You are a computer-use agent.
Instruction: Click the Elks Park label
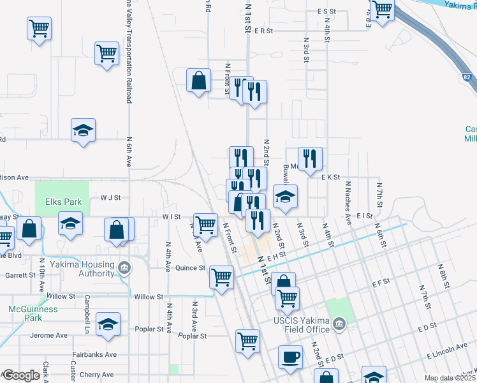point(64,202)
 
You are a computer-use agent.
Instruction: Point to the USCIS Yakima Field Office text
point(300,324)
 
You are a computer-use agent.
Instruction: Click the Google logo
point(21,375)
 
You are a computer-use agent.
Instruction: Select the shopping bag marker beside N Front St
point(198,81)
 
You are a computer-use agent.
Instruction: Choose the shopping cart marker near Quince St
point(221,278)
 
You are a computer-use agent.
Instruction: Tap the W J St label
point(110,198)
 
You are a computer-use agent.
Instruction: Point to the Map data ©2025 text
point(450,378)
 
